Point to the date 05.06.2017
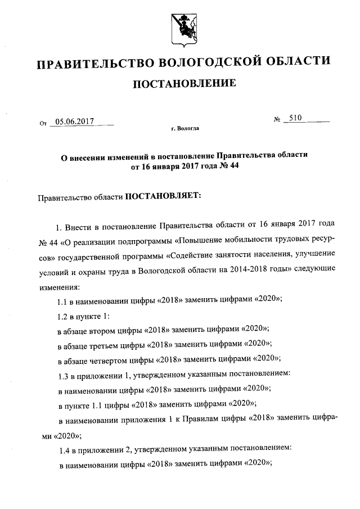[x=74, y=120]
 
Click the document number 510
[x=295, y=118]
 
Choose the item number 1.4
[x=65, y=449]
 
